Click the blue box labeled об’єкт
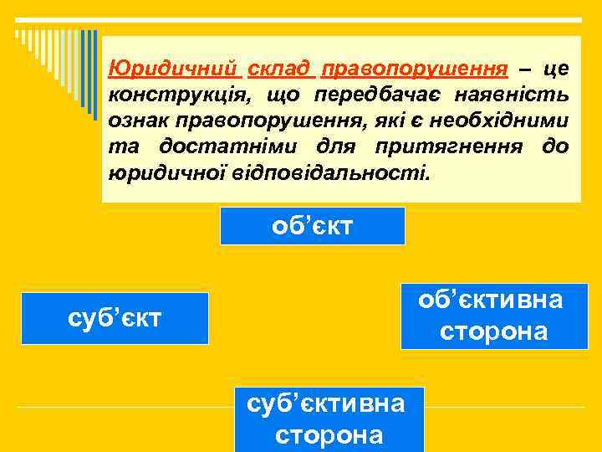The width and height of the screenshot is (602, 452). click(x=312, y=226)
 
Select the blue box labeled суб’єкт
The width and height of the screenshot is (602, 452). click(x=115, y=319)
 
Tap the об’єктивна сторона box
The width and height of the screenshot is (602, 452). click(x=494, y=316)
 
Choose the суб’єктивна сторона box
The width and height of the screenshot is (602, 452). click(x=329, y=419)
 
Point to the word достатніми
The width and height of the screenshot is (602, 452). click(x=232, y=147)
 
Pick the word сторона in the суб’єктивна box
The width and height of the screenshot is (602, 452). click(x=329, y=435)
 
